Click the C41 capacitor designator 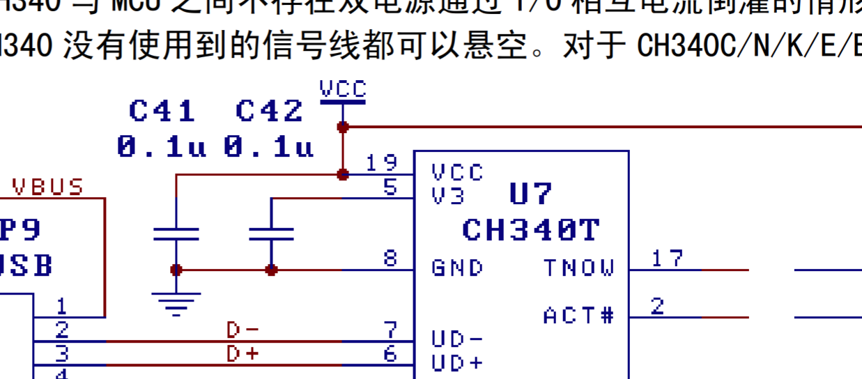tap(162, 111)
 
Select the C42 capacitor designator tap(270, 111)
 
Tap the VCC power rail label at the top tap(343, 89)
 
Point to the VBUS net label tap(48, 187)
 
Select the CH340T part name tap(531, 230)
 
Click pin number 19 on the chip tap(382, 163)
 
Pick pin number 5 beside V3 tap(390, 187)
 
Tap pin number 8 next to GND tap(390, 258)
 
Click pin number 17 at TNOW tap(667, 258)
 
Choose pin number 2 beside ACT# tap(658, 306)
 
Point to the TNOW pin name tap(579, 268)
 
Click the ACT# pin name tap(579, 316)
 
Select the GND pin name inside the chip tap(458, 268)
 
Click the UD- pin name tap(458, 339)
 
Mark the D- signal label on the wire tap(243, 330)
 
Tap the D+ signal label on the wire tap(243, 354)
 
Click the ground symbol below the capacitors tap(176, 303)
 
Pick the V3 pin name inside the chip tap(448, 196)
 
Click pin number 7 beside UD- tap(390, 330)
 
